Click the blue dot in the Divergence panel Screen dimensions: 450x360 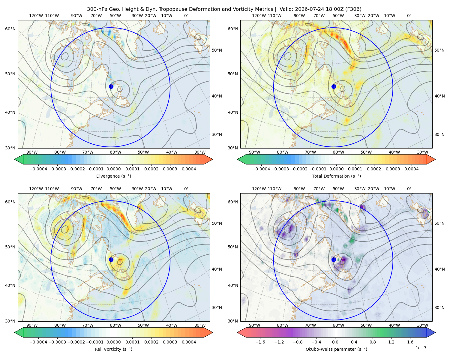[x=111, y=86]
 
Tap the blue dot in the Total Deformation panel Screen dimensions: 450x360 [x=334, y=86]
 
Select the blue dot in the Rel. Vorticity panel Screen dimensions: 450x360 [x=111, y=259]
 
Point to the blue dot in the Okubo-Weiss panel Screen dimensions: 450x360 [x=334, y=259]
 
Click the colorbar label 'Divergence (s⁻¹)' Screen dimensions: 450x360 [x=113, y=176]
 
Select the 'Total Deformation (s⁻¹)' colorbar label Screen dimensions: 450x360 [x=336, y=176]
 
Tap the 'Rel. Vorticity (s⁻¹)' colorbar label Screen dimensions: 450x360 [x=113, y=349]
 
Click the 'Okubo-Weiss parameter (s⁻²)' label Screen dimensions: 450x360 [x=336, y=349]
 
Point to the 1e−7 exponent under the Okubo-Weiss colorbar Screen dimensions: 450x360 [x=421, y=348]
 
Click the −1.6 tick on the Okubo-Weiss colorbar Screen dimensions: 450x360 [x=260, y=342]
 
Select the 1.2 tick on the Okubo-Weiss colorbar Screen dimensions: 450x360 [x=391, y=342]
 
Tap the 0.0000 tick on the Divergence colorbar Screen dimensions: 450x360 [x=113, y=169]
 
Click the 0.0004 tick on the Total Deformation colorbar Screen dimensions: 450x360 [x=411, y=169]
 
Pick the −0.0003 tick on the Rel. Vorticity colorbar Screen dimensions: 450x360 [x=57, y=342]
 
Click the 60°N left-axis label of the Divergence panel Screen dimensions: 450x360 [x=10, y=29]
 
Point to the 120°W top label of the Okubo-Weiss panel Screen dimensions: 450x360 [x=259, y=188]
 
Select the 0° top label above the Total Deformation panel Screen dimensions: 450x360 [x=409, y=16]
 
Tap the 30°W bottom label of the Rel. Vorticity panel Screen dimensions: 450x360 [x=200, y=325]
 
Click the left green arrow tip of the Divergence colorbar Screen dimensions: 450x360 [x=15, y=159]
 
